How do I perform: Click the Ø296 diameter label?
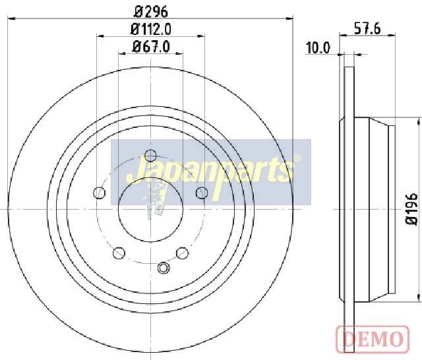[151, 12]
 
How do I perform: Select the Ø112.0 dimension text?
[151, 29]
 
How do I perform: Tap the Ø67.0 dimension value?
[151, 47]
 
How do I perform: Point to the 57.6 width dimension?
[367, 28]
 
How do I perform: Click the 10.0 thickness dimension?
[318, 48]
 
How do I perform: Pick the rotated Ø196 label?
[411, 208]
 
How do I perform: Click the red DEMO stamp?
[373, 339]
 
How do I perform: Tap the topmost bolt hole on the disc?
[150, 155]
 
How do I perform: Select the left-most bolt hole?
[99, 193]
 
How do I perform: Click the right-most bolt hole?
[202, 193]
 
